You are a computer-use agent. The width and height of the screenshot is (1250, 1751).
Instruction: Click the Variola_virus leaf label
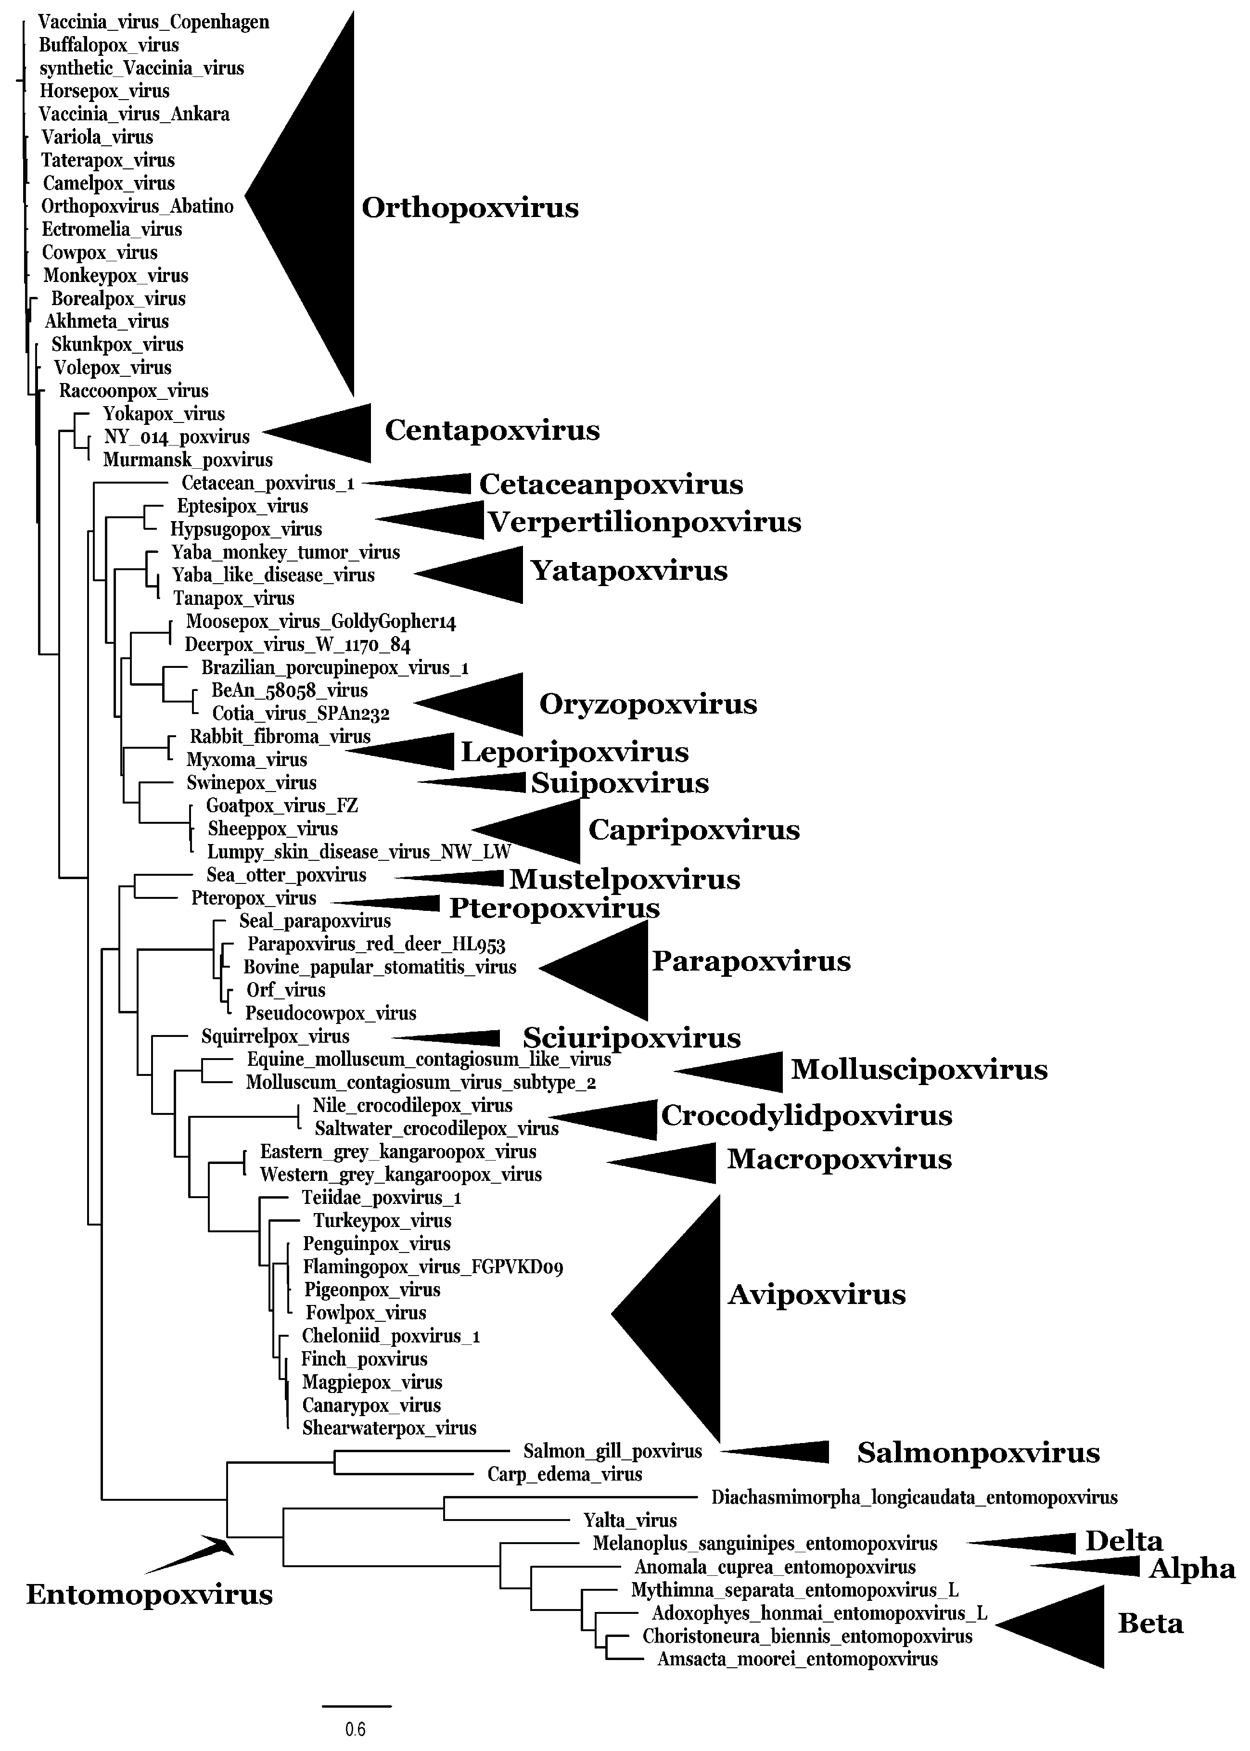click(x=97, y=138)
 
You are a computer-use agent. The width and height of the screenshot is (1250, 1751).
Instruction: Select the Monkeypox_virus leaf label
click(x=115, y=276)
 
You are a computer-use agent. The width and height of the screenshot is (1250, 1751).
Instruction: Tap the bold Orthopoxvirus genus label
click(x=470, y=208)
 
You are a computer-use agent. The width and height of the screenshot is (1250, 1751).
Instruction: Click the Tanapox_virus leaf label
click(x=233, y=598)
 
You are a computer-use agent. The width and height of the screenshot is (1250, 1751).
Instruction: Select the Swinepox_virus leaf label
click(x=251, y=783)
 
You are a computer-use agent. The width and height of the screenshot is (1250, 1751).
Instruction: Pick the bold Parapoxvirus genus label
click(x=751, y=961)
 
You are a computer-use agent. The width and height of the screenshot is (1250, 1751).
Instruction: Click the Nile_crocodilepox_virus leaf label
click(x=412, y=1106)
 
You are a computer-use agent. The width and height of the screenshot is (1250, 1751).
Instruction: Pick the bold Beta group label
click(x=1150, y=1624)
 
